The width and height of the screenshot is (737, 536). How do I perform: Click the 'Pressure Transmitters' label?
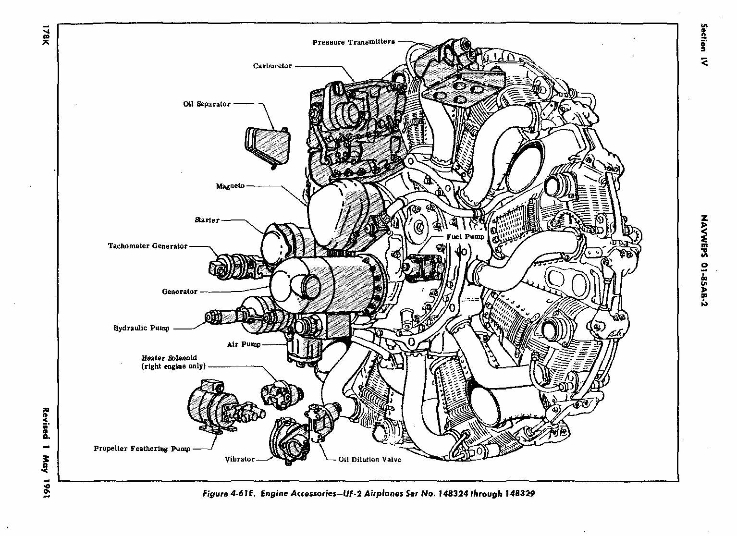[x=354, y=42]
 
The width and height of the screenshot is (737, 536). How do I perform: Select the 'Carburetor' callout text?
[x=272, y=66]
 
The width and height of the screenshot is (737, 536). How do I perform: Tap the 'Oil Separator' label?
[x=207, y=104]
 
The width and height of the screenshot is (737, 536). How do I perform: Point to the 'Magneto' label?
[x=230, y=186]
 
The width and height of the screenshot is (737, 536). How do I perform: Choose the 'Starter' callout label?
[x=207, y=220]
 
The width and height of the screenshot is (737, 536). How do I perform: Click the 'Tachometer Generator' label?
[x=147, y=246]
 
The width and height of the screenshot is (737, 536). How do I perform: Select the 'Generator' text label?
[x=180, y=292]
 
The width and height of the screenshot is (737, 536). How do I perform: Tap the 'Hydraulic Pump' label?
[x=141, y=329]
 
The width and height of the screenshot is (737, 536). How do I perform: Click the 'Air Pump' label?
[x=244, y=344]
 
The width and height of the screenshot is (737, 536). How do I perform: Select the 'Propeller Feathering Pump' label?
[x=142, y=449]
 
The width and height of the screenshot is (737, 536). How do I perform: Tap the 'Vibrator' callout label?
[x=240, y=459]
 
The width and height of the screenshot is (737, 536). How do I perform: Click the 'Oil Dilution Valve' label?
[x=369, y=460]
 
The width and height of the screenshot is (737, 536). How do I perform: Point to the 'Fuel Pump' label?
[x=465, y=237]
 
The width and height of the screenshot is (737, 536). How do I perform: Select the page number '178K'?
[x=47, y=36]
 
